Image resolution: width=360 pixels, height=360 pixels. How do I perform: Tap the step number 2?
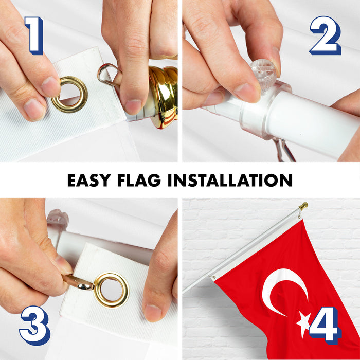(326, 35)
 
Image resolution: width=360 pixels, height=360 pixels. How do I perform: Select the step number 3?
(35, 326)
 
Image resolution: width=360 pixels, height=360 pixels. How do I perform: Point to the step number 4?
(325, 326)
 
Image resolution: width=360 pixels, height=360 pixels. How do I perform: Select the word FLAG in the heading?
(139, 180)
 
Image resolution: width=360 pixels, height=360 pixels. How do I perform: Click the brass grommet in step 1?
(69, 95)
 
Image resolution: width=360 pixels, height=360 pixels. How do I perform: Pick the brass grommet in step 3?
(112, 290)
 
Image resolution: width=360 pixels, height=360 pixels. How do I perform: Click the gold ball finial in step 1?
(163, 97)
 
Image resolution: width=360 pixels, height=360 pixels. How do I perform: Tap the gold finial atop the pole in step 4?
(303, 206)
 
